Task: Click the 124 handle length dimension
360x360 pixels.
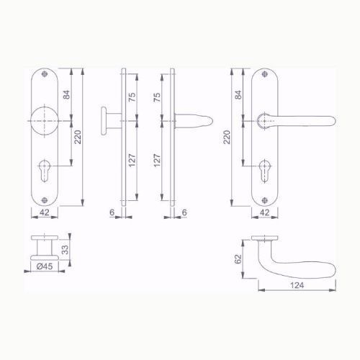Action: pyautogui.click(x=297, y=285)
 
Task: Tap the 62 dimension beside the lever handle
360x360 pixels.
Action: pyautogui.click(x=238, y=259)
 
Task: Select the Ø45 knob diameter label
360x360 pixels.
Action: pyautogui.click(x=45, y=266)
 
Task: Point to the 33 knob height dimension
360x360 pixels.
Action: pyautogui.click(x=65, y=250)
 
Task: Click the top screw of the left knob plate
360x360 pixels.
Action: pyautogui.click(x=45, y=74)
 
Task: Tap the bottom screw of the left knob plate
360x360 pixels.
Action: pyautogui.click(x=45, y=200)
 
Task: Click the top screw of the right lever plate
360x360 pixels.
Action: pyautogui.click(x=265, y=74)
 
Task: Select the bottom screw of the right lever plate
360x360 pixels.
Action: pyautogui.click(x=265, y=200)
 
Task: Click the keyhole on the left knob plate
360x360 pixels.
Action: pyautogui.click(x=45, y=170)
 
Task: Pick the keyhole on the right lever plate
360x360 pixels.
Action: pyautogui.click(x=265, y=170)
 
